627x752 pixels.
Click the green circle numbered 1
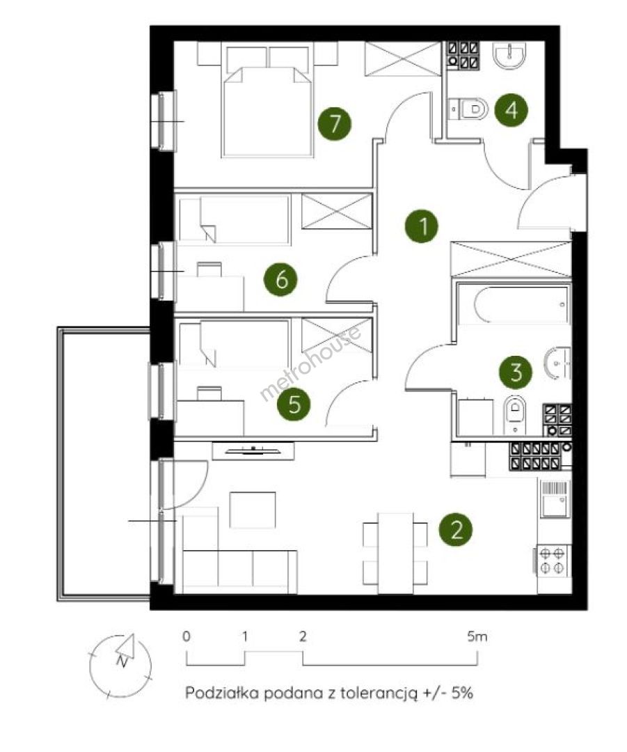[421, 226]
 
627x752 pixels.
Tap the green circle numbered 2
[456, 530]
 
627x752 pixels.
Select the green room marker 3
[516, 372]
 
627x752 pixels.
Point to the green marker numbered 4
[511, 110]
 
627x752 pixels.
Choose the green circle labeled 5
[294, 404]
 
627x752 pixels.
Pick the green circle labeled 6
[281, 279]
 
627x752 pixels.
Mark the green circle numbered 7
[335, 123]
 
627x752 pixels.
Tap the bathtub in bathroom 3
[513, 304]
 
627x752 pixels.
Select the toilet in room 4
[469, 109]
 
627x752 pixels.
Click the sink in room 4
[510, 55]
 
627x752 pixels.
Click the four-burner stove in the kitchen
[552, 561]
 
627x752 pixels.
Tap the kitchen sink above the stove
[555, 499]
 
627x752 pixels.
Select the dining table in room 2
[395, 553]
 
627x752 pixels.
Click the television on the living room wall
[253, 451]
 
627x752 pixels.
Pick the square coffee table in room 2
[253, 509]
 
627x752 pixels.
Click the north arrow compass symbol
[120, 665]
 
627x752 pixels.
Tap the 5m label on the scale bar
[477, 636]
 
